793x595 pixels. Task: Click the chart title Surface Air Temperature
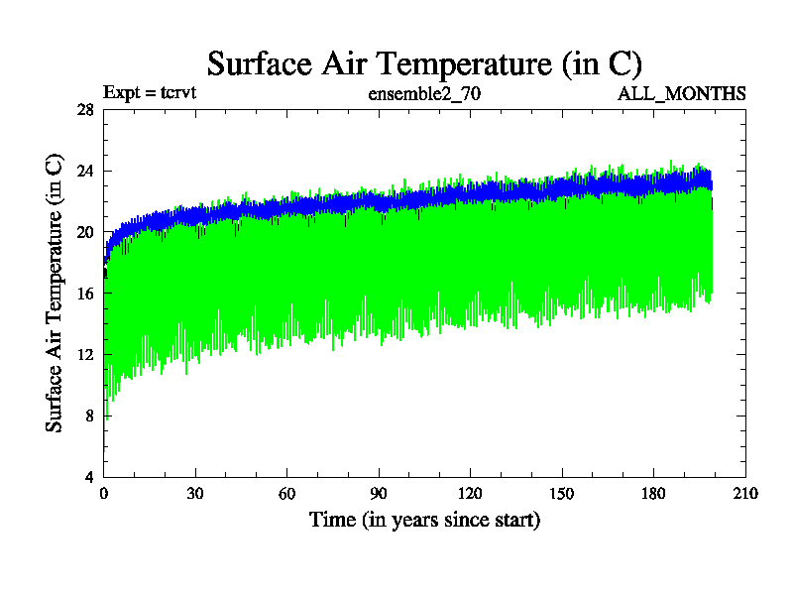click(424, 63)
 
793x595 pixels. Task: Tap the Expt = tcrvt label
click(152, 94)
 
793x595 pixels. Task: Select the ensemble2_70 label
click(424, 94)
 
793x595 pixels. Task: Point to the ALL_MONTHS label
click(682, 94)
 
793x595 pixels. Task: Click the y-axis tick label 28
click(85, 110)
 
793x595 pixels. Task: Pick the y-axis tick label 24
click(85, 171)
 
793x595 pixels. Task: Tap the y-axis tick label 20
click(85, 232)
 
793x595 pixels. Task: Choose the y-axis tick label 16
click(85, 294)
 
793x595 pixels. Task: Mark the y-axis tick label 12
click(85, 355)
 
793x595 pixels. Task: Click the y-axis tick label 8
click(89, 416)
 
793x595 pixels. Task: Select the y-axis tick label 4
click(89, 477)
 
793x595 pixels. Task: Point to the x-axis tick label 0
click(104, 494)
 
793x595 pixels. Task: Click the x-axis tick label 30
click(195, 494)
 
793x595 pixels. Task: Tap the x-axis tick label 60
click(287, 494)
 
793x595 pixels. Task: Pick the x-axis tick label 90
click(379, 494)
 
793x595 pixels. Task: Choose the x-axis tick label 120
click(470, 494)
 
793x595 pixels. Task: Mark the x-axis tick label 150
click(562, 494)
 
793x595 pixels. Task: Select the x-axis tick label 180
click(653, 494)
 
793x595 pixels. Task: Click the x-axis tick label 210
click(744, 494)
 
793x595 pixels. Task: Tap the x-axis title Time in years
click(424, 520)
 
